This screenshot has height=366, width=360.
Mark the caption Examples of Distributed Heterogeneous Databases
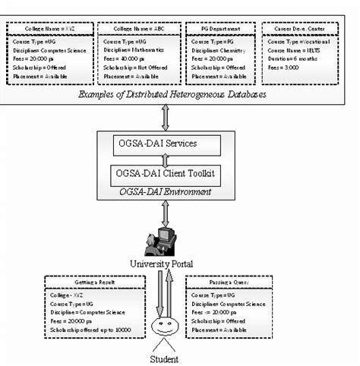(x=180, y=93)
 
